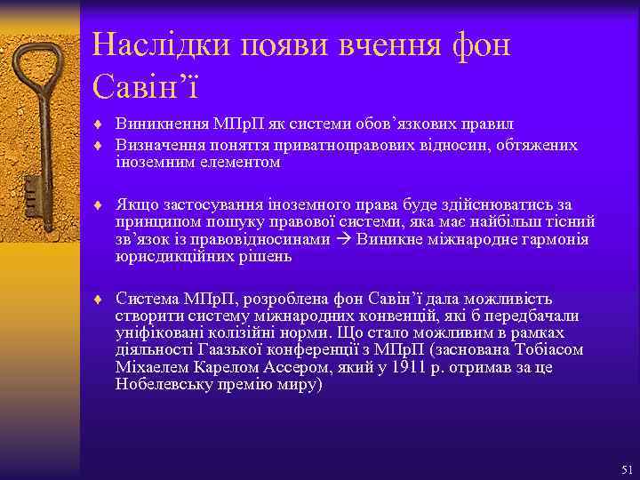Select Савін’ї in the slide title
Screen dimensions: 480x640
click(145, 86)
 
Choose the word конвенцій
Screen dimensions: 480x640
click(390, 316)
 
